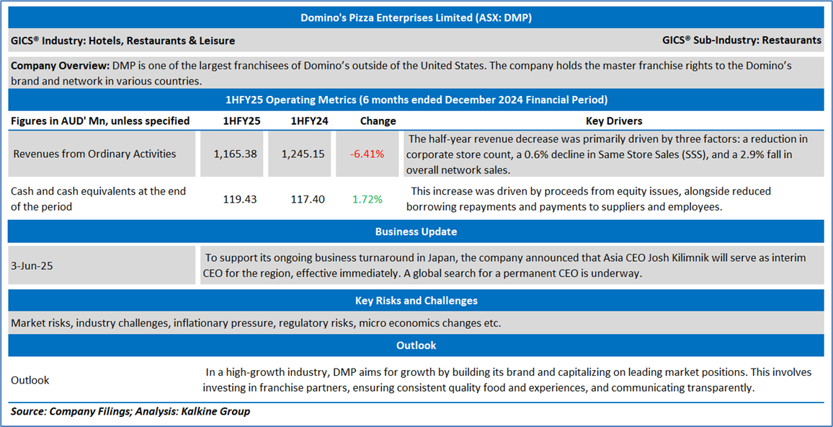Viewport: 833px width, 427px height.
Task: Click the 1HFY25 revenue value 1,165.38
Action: click(x=235, y=154)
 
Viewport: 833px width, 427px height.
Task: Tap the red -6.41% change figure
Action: click(x=367, y=154)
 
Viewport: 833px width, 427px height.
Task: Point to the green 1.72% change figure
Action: click(x=367, y=198)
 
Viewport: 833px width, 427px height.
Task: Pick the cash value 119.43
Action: click(x=235, y=198)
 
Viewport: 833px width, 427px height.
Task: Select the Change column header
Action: click(x=378, y=120)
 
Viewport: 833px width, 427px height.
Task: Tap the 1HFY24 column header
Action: click(x=309, y=120)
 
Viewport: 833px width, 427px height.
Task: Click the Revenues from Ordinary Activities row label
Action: click(x=94, y=154)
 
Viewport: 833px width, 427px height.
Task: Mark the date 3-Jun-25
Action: click(x=32, y=265)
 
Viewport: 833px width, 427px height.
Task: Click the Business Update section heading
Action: click(x=416, y=232)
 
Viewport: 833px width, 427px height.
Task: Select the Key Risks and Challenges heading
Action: click(x=416, y=300)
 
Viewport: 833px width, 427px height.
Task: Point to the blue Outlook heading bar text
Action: click(x=416, y=345)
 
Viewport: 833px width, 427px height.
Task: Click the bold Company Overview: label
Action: click(x=60, y=66)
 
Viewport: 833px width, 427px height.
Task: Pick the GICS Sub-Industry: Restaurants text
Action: click(x=741, y=40)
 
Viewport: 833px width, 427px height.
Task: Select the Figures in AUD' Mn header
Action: click(x=100, y=120)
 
